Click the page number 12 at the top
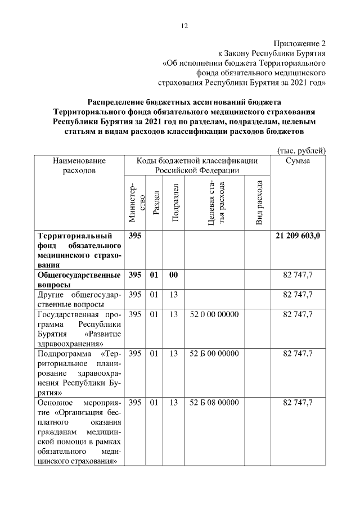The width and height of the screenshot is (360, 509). pos(183,25)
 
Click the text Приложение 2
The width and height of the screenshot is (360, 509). pos(300,43)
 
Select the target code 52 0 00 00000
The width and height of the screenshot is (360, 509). pos(214,314)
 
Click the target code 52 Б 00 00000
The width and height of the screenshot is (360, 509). pos(214,354)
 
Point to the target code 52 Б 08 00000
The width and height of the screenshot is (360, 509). pos(214,403)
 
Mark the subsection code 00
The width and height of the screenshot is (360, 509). pos(174,275)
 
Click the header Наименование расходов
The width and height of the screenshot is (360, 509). pos(79,165)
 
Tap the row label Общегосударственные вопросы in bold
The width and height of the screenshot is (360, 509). pos(79,280)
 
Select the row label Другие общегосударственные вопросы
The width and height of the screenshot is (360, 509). pos(79,299)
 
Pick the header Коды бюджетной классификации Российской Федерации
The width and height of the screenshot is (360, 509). pos(197,165)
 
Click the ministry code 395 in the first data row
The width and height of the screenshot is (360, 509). pos(135,236)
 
